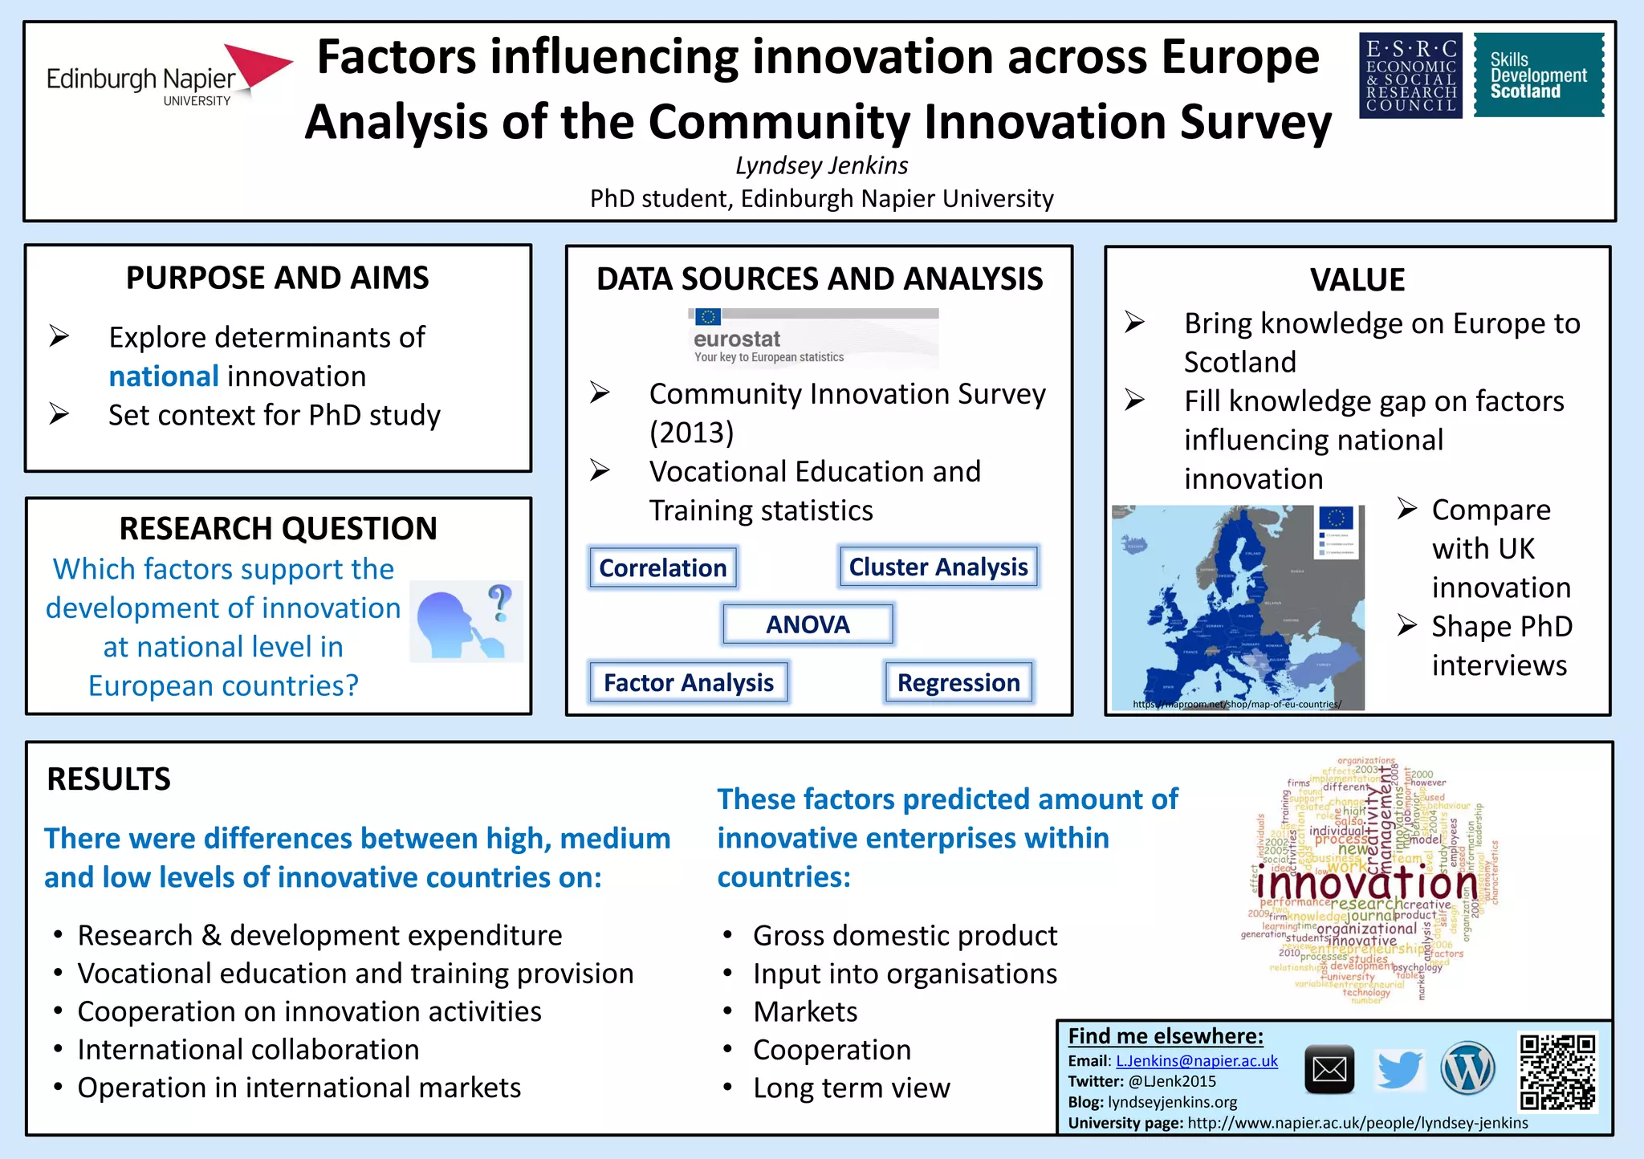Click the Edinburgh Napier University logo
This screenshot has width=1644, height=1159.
click(169, 77)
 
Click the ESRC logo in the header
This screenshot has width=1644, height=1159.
click(1410, 75)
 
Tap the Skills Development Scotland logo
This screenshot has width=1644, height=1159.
click(1538, 75)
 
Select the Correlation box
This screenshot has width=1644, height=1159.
click(662, 567)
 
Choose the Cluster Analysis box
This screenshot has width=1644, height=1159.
click(938, 567)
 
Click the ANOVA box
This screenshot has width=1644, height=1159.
click(808, 624)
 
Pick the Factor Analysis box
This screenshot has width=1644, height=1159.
click(689, 682)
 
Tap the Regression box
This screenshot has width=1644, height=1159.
click(958, 682)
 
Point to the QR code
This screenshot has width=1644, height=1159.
click(1557, 1072)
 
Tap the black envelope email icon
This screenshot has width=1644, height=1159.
click(1329, 1070)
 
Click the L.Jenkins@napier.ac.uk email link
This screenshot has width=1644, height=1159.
click(1196, 1061)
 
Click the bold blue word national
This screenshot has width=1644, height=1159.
click(164, 376)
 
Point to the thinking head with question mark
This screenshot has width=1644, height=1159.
click(466, 621)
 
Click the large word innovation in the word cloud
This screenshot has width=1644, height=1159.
click(1366, 883)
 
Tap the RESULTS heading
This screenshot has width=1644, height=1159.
click(109, 779)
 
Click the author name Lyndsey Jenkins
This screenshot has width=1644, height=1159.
click(821, 165)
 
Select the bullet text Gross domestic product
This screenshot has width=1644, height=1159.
click(905, 936)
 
